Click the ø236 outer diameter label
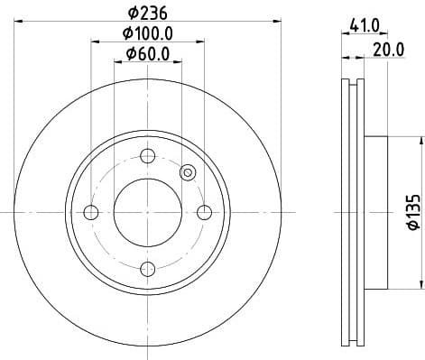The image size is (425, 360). coord(148,13)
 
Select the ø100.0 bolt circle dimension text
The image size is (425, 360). coord(148,33)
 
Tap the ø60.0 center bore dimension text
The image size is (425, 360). coord(148,54)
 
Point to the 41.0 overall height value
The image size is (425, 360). coord(364,27)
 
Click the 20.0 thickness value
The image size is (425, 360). coord(388,50)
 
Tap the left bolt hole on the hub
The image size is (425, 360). coord(90,213)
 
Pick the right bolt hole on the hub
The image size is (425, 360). coord(205,213)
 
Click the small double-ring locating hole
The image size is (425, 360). coord(188,172)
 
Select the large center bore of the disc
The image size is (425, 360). coord(148,213)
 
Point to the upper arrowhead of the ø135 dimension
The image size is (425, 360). coord(420,141)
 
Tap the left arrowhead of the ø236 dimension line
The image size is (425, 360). coord(18,20)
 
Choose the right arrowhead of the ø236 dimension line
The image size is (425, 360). coord(278,20)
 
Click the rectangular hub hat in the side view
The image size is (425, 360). coord(374,213)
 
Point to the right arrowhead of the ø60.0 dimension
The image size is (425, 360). coord(179,62)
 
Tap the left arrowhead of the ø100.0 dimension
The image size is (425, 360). coord(95,42)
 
